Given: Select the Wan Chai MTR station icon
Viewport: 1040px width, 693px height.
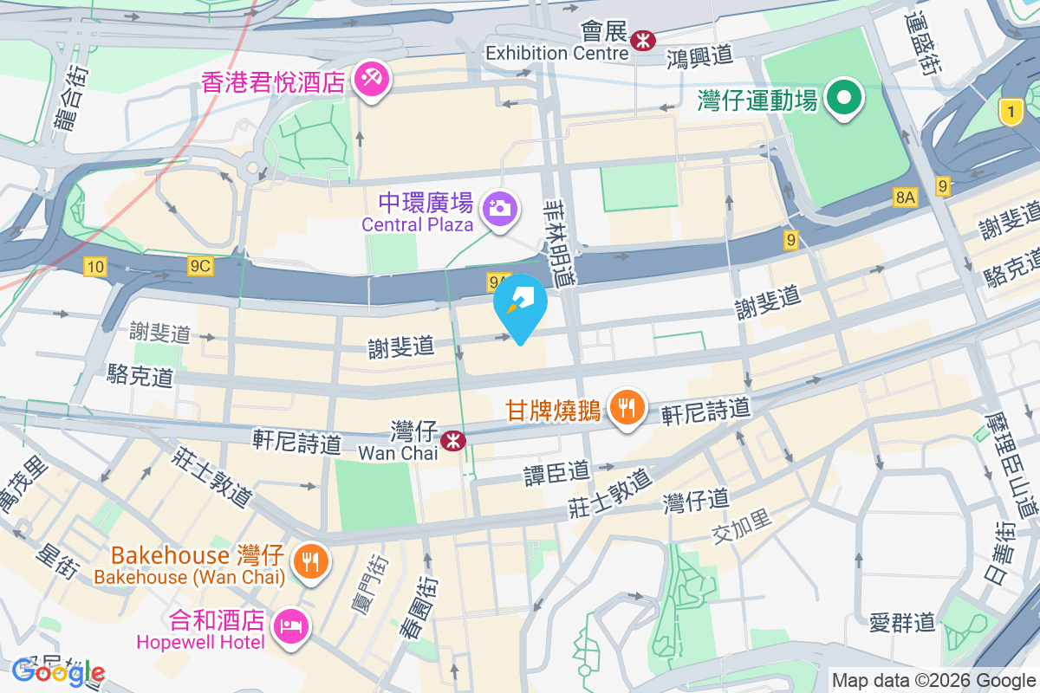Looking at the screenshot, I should (452, 441).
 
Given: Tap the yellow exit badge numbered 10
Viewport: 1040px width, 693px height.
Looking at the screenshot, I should (95, 266).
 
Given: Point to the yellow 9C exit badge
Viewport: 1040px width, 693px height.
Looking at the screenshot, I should (199, 266).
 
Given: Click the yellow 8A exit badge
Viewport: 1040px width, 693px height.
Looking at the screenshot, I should (906, 198).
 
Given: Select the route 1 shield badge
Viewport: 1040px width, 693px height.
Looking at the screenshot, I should (1008, 111).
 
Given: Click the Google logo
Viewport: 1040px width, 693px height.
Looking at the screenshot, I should (58, 672).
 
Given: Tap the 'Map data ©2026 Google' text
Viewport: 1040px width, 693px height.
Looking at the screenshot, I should (933, 680).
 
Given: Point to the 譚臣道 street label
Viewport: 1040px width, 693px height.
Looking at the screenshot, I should (556, 472).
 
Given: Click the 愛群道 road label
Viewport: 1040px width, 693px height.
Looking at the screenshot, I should (902, 621).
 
